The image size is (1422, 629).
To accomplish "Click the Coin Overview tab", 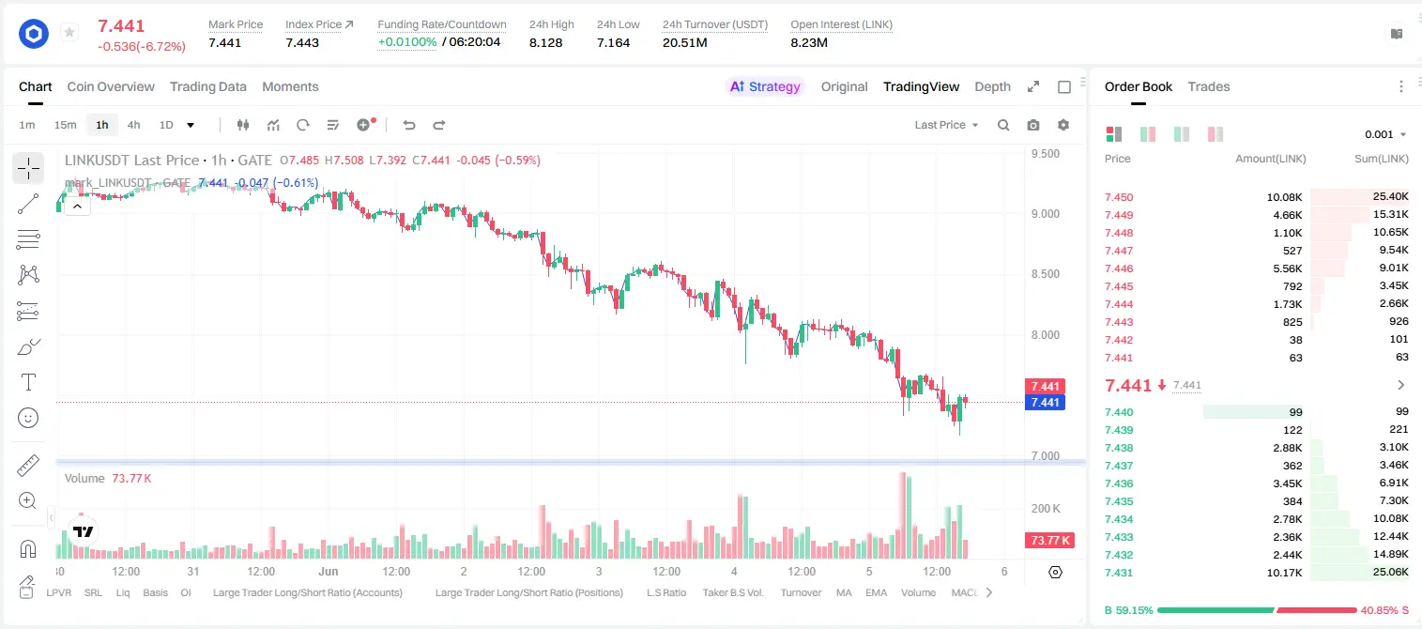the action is pyautogui.click(x=111, y=86).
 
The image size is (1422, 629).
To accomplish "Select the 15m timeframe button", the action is pyautogui.click(x=65, y=125).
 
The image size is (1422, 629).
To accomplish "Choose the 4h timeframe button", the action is pyautogui.click(x=133, y=125).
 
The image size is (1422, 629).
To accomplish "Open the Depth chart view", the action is pyautogui.click(x=992, y=86).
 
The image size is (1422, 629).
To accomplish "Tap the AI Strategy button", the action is pyautogui.click(x=765, y=86).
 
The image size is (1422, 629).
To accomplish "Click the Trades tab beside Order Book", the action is pyautogui.click(x=1209, y=86).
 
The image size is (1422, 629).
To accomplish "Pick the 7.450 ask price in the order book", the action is pyautogui.click(x=1119, y=197).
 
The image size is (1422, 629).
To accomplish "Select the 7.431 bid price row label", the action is pyautogui.click(x=1119, y=573).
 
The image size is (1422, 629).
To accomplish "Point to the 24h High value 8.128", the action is pyautogui.click(x=546, y=42).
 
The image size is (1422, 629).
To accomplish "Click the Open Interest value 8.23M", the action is pyautogui.click(x=809, y=42).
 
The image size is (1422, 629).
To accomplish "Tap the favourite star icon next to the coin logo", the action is pyautogui.click(x=69, y=32).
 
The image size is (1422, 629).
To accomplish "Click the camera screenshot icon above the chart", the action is pyautogui.click(x=1033, y=125).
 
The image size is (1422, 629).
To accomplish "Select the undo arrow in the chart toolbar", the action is pyautogui.click(x=409, y=125).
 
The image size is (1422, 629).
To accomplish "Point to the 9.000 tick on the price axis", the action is pyautogui.click(x=1046, y=214).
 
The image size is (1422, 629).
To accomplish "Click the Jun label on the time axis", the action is pyautogui.click(x=329, y=571).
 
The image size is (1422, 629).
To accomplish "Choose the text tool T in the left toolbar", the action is pyautogui.click(x=28, y=382).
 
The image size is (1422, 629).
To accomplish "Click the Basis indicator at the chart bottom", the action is pyautogui.click(x=156, y=592).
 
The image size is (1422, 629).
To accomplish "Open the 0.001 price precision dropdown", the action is pyautogui.click(x=1385, y=134).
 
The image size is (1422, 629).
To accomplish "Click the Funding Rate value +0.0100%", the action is pyautogui.click(x=407, y=42).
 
